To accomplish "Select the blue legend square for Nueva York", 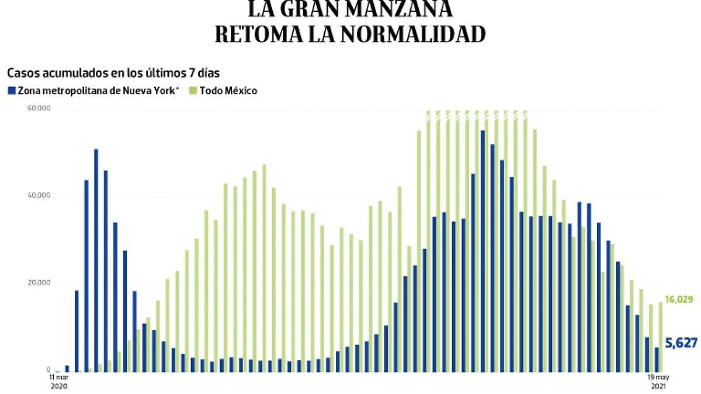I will (11, 91).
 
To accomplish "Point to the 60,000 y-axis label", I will (40, 109).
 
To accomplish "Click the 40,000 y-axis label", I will (40, 197).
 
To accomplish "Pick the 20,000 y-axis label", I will (40, 284).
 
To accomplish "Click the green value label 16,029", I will (678, 299).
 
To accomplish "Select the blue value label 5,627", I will (681, 344).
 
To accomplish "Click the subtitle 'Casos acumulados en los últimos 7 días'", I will (113, 73).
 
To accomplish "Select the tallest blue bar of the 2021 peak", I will (483, 251).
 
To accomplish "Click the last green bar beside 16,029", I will (661, 337).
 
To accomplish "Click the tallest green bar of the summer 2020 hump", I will (264, 268).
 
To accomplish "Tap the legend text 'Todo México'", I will (228, 91).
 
